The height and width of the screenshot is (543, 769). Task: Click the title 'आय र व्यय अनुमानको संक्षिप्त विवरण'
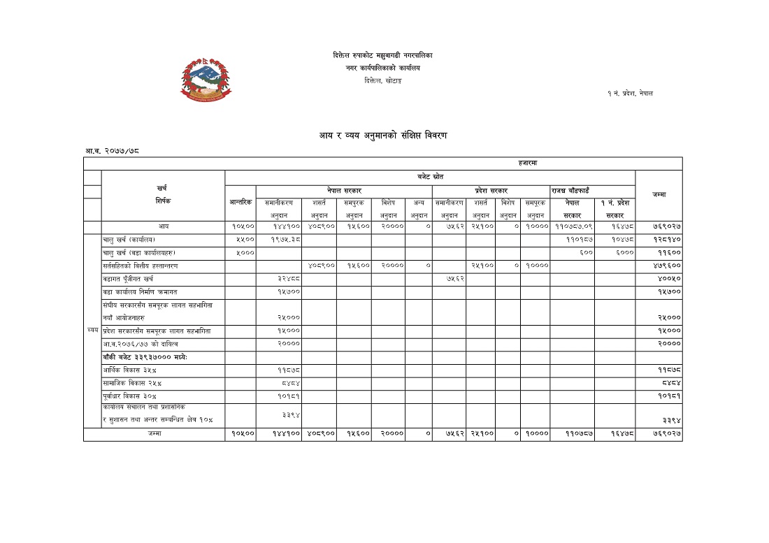click(383, 135)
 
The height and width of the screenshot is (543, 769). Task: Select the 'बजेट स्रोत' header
click(430, 177)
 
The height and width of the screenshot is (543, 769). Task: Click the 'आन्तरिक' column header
click(240, 202)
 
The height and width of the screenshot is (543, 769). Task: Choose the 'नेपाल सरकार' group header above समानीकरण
click(344, 190)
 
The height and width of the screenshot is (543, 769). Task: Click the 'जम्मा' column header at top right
click(658, 194)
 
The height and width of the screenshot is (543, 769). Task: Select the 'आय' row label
click(163, 226)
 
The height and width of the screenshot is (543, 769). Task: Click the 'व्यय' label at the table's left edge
click(92, 330)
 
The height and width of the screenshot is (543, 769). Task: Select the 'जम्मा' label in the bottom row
click(154, 434)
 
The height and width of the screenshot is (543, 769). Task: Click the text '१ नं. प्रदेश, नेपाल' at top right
click(630, 94)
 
